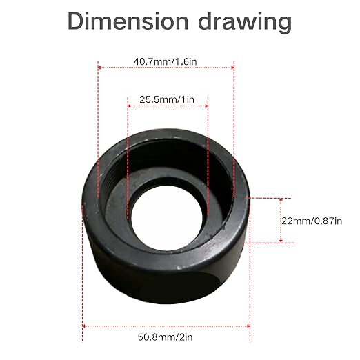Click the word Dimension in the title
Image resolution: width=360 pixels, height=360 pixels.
pos(128,21)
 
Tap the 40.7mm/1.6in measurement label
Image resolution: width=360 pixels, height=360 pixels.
pos(166,61)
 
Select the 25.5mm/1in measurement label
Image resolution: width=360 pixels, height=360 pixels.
pos(168,100)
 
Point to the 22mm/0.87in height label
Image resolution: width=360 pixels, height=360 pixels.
pos(312,220)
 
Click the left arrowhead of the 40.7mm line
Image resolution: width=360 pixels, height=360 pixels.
pos(100,68)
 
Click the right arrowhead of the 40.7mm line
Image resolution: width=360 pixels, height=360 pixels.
pos(232,68)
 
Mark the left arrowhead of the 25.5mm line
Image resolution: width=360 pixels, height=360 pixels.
pos(130,106)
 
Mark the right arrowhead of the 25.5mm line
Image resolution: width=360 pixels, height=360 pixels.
pos(206,106)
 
